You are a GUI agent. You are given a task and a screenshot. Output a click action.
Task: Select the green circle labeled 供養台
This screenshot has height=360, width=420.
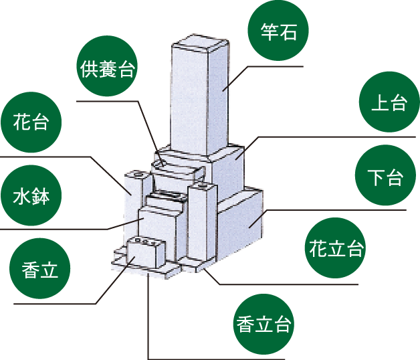click(x=107, y=69)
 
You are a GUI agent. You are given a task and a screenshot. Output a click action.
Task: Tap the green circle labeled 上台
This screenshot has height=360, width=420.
click(x=389, y=102)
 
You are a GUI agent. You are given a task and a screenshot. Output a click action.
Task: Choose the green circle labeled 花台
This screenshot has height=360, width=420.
click(x=31, y=122)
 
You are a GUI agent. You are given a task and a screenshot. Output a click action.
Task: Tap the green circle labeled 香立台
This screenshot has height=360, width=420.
click(x=264, y=325)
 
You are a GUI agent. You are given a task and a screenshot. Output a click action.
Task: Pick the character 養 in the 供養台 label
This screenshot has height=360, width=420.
click(x=107, y=69)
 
